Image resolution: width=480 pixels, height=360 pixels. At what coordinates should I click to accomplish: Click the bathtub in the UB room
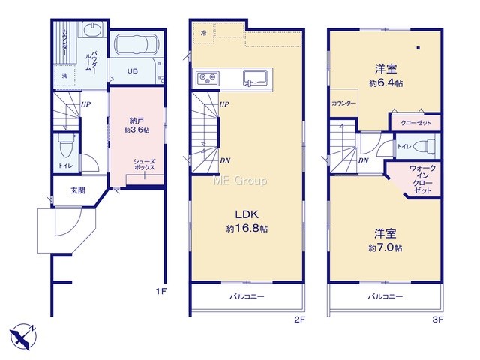pos(136,44)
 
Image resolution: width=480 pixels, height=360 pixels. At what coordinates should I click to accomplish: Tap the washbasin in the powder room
pos(92,30)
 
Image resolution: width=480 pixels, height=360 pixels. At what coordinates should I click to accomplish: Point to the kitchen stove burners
pos(208,78)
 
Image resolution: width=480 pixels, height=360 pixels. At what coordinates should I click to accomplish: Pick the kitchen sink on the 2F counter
pos(258,78)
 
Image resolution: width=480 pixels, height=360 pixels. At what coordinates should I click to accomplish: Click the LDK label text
pos(247,214)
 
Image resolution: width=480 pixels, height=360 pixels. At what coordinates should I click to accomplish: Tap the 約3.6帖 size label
pos(136,130)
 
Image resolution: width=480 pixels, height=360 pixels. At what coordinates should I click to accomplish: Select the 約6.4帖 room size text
pos(385,83)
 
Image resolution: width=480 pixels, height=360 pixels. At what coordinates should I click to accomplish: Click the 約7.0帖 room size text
pos(385,247)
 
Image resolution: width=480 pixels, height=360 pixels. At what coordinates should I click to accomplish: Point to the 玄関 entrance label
pos(78,190)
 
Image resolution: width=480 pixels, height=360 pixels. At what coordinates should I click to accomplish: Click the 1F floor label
pos(161,291)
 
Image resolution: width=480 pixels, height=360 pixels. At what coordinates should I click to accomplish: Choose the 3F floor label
pos(438,319)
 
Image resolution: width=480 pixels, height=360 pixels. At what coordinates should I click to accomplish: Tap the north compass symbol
pos(22,335)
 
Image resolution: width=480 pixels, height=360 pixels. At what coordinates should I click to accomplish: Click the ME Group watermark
pos(240,181)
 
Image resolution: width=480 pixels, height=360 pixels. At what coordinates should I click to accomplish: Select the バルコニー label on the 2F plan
pos(247,296)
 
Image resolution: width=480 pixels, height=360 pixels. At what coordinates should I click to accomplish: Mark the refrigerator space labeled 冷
pos(203,33)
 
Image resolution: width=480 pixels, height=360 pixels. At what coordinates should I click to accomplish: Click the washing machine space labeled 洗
pos(64,76)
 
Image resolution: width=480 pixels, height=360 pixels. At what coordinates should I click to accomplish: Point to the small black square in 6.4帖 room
pos(418,48)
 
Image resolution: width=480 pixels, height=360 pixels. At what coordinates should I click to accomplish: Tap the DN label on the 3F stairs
pos(364,160)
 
